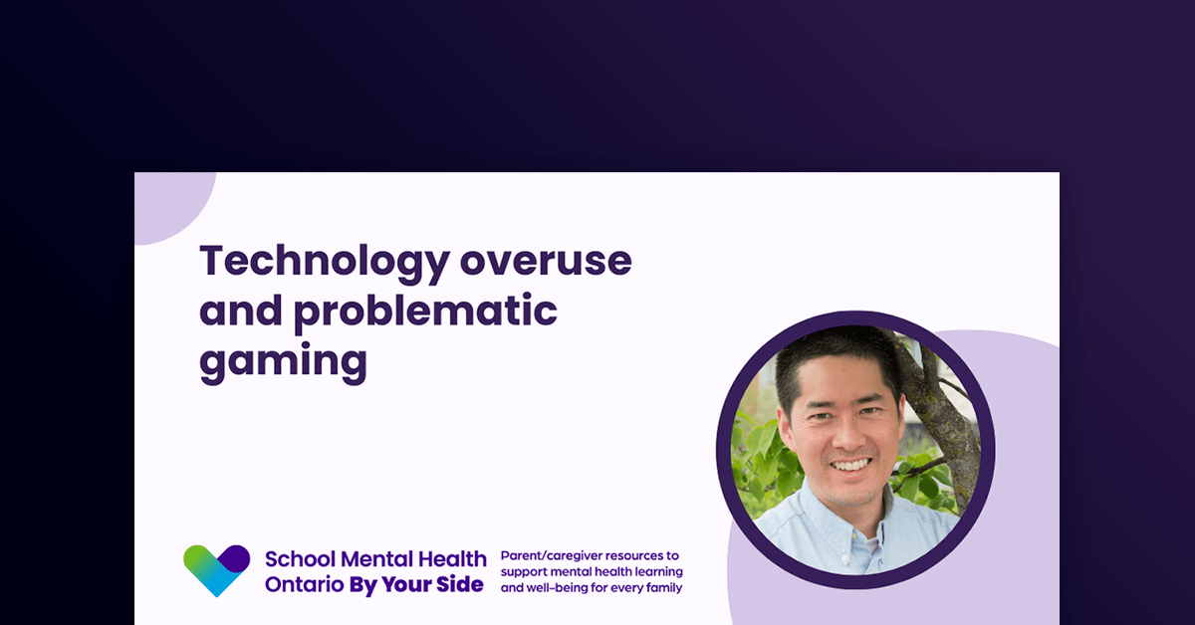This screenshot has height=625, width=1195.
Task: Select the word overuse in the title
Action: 546,261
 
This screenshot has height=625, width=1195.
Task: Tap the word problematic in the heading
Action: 425,312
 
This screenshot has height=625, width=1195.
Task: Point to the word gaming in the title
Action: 283,361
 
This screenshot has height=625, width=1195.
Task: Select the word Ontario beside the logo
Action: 303,584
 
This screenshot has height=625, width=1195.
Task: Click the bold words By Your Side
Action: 415,584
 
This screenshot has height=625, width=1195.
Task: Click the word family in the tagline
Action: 663,588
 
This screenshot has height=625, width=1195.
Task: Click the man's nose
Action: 846,439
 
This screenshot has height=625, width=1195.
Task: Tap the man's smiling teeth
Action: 849,465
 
